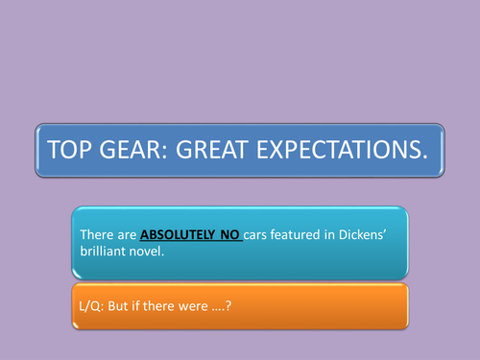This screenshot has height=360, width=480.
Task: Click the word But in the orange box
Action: pos(132,303)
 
